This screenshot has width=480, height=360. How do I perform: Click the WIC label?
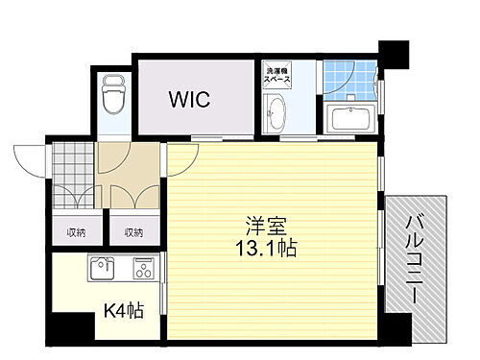191,99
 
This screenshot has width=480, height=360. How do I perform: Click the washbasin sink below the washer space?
276,115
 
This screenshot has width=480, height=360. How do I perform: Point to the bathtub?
350,119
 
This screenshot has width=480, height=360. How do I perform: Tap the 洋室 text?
262,228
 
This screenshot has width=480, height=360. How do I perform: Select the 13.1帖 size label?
262,249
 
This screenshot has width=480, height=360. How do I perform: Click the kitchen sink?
101,268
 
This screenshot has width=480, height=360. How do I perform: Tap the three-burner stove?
143,268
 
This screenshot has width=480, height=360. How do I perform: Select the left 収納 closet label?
76,231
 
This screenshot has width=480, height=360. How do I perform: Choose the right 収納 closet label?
133,231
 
